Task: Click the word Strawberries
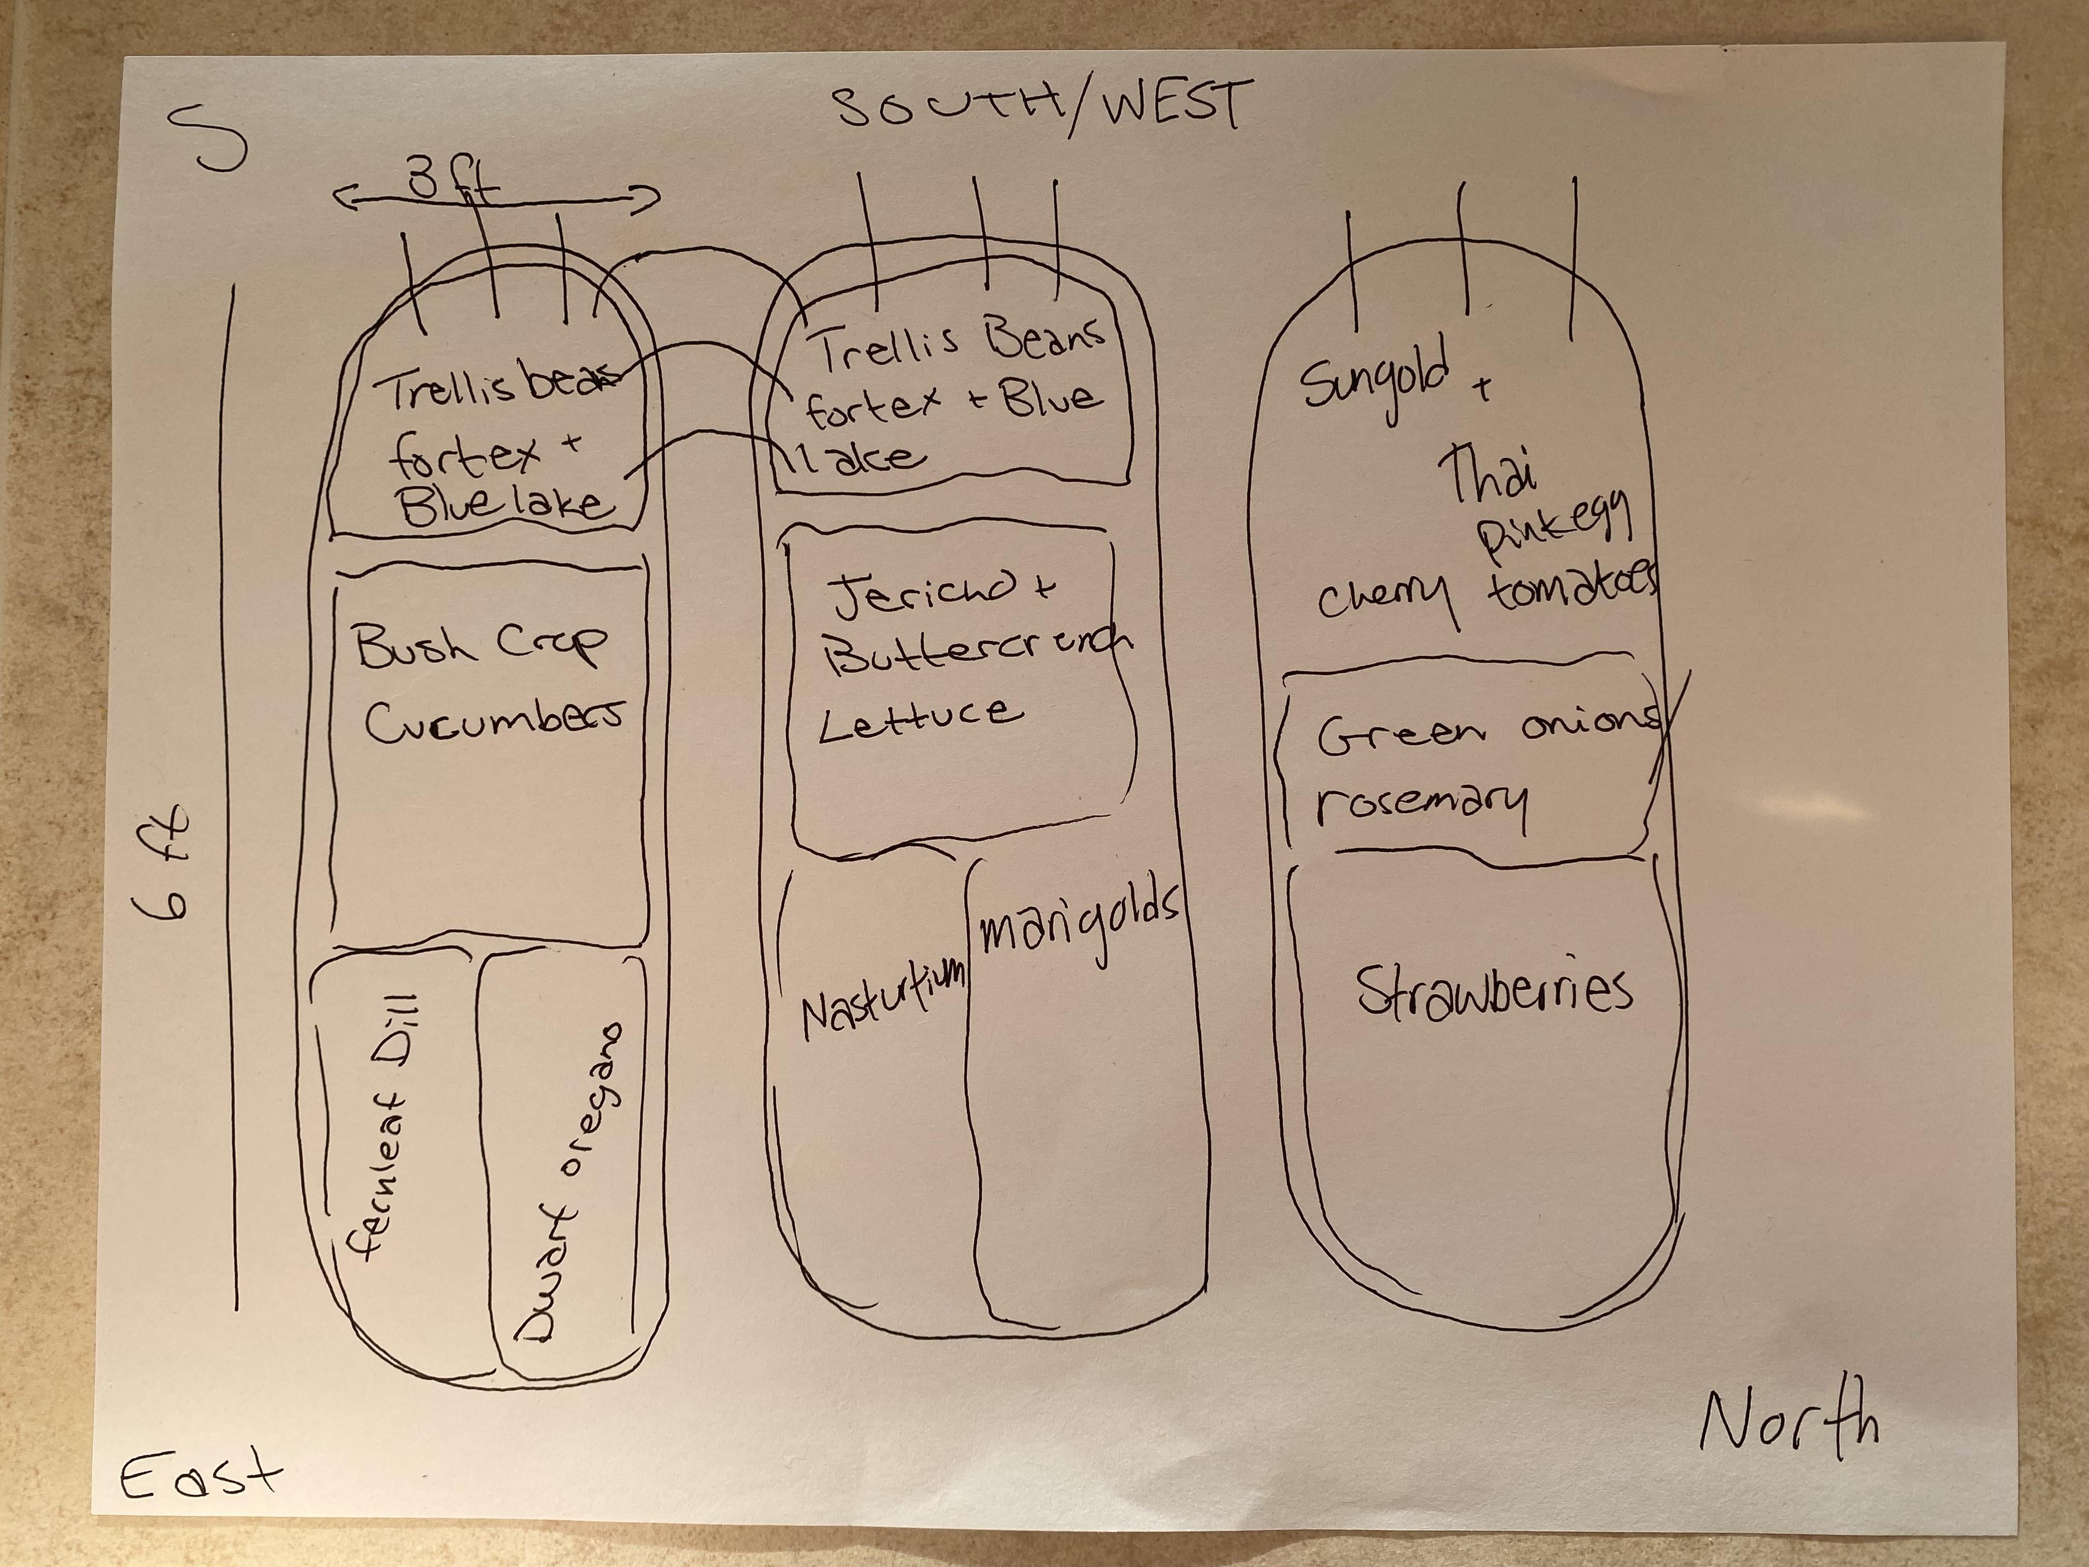coord(1495,990)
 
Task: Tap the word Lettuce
coord(920,715)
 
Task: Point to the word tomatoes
coord(1572,588)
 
